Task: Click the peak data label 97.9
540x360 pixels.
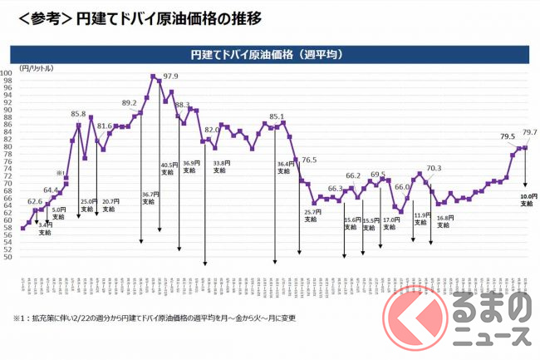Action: tap(171, 76)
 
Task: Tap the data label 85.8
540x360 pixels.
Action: tap(79, 114)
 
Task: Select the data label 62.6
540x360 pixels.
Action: tap(35, 200)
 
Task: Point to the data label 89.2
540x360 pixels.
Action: tap(130, 102)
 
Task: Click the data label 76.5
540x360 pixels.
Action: tap(308, 159)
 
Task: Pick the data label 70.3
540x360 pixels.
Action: tap(434, 168)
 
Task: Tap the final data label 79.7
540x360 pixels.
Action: tap(529, 131)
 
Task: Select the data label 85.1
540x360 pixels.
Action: tap(277, 116)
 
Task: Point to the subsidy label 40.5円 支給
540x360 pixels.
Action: tap(168, 168)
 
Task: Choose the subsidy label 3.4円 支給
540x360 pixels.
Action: tap(45, 228)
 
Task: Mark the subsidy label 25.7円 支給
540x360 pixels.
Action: tap(310, 216)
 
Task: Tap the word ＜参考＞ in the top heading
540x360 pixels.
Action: tap(37, 16)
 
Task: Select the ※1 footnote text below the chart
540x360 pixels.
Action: tap(154, 318)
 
